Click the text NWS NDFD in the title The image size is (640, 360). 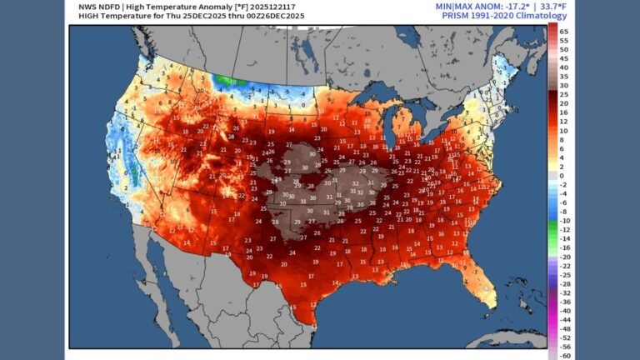[89, 6]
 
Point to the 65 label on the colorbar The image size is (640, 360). [564, 30]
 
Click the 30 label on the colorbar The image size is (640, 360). [564, 85]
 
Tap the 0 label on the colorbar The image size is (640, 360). [562, 177]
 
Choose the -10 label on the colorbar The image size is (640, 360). [564, 220]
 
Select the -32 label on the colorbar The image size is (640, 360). [564, 292]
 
